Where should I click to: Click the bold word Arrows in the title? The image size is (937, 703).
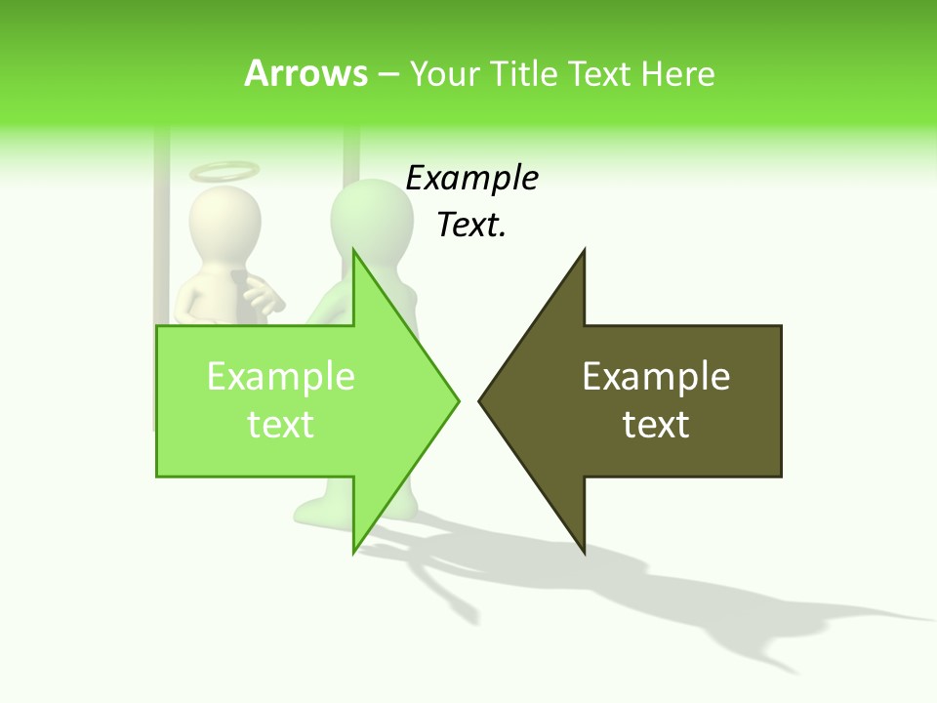click(x=306, y=73)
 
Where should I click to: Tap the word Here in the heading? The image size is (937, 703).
click(x=677, y=73)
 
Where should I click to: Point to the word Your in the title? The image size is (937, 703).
click(x=444, y=73)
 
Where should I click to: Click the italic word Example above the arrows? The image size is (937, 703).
click(x=472, y=179)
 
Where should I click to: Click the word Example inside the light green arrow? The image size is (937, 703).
click(x=281, y=376)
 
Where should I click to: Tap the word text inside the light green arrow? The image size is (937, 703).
click(x=281, y=424)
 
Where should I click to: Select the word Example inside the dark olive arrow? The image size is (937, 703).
click(x=656, y=376)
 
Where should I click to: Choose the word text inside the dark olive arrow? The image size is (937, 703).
click(x=656, y=424)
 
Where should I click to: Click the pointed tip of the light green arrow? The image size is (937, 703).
click(x=457, y=399)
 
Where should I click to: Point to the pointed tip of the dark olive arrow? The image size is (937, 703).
click(x=481, y=399)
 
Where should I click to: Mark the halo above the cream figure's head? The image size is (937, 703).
click(x=224, y=172)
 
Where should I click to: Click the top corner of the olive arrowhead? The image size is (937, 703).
click(x=584, y=251)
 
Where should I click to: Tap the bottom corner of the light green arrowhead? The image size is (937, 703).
click(x=354, y=552)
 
